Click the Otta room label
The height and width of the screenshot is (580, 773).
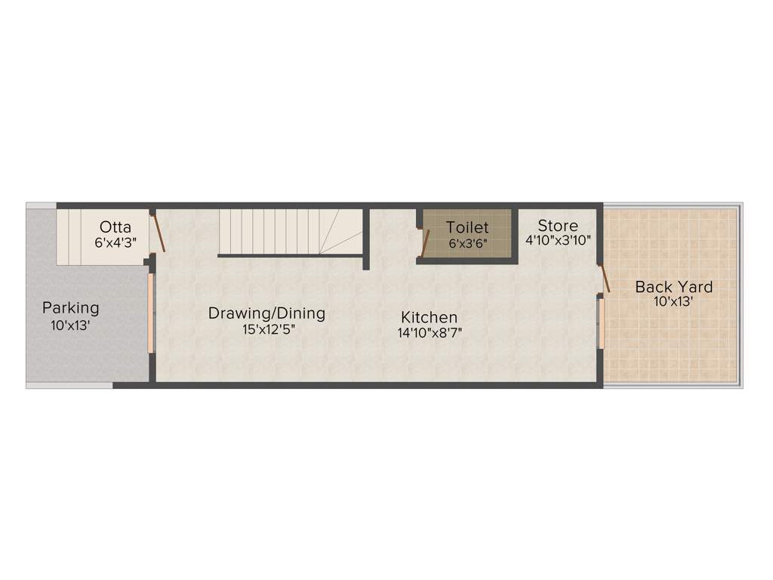pyautogui.click(x=115, y=227)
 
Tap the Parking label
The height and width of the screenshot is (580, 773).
pyautogui.click(x=70, y=308)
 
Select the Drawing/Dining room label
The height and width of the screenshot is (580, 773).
pyautogui.click(x=266, y=313)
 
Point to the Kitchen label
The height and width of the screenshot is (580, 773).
pyautogui.click(x=429, y=317)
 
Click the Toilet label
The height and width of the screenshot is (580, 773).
pyautogui.click(x=467, y=227)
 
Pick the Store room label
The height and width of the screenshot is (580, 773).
pyautogui.click(x=558, y=225)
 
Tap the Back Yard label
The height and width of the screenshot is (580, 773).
pyautogui.click(x=673, y=287)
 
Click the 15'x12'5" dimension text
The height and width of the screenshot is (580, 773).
pyautogui.click(x=266, y=329)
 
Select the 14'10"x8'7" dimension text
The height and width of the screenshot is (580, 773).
pyautogui.click(x=430, y=333)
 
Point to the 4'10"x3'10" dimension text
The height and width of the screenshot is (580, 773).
pyautogui.click(x=558, y=240)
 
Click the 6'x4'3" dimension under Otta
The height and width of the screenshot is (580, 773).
pyautogui.click(x=115, y=242)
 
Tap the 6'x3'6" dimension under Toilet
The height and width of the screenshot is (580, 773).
pyautogui.click(x=467, y=243)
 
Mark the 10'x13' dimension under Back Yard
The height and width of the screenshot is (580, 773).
pyautogui.click(x=673, y=301)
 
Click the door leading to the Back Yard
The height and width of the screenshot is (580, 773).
pyautogui.click(x=605, y=279)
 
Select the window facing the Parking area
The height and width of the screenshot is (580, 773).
pyautogui.click(x=150, y=313)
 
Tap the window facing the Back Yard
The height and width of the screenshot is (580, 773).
pyautogui.click(x=601, y=323)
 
